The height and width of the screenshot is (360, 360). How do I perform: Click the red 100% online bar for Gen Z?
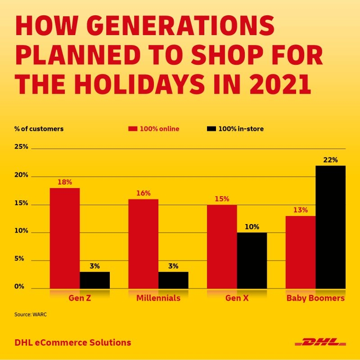64,238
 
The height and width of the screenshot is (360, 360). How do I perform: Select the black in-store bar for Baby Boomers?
330,227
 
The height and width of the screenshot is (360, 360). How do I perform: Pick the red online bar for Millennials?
143,243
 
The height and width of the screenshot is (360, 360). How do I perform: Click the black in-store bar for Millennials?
173,280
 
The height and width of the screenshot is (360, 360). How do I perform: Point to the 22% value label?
331,160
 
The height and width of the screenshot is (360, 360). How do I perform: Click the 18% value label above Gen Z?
65,182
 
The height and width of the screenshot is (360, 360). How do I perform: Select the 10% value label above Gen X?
252,227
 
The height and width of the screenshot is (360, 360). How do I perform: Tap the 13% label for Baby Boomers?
301,210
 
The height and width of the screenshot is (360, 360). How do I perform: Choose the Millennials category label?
158,298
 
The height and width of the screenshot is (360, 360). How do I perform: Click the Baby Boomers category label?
315,298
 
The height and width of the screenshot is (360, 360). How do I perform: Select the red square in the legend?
132,129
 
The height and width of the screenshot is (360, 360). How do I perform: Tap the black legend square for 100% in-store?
211,129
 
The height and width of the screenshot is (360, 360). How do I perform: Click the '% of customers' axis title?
39,129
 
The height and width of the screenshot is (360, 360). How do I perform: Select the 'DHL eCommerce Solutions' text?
72,342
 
